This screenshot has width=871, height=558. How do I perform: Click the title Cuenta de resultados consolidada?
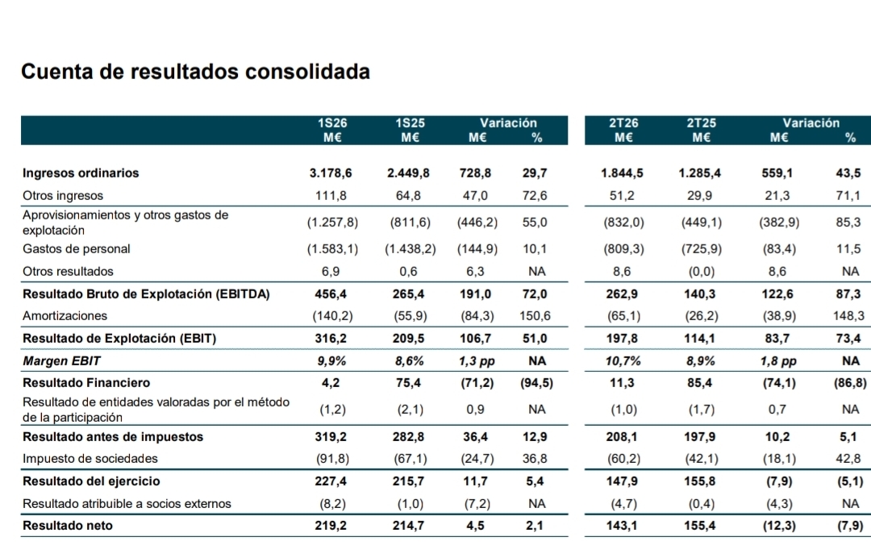(195, 72)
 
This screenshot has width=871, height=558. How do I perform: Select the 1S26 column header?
(332, 123)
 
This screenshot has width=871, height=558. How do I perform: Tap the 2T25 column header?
(701, 123)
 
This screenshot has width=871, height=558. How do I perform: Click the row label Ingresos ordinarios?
(81, 173)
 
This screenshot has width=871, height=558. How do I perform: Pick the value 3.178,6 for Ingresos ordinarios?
(331, 173)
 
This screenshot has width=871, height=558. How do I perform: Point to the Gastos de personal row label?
(76, 248)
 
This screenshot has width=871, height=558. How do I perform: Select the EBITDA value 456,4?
(331, 294)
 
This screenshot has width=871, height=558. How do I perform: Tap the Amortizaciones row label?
(65, 316)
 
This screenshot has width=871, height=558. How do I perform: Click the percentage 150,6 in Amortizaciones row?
(535, 316)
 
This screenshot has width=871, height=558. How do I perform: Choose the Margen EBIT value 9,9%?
(331, 361)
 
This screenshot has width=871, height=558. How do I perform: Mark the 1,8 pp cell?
(778, 361)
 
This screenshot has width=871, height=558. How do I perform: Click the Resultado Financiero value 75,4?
(408, 382)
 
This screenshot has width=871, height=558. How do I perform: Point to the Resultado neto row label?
(67, 525)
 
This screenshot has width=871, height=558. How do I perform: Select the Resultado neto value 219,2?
(331, 525)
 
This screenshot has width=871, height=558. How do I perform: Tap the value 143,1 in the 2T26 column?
(622, 525)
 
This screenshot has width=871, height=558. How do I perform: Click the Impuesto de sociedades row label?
(90, 459)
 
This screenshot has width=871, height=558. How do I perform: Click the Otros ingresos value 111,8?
(331, 195)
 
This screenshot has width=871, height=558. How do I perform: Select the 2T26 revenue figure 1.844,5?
(622, 173)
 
